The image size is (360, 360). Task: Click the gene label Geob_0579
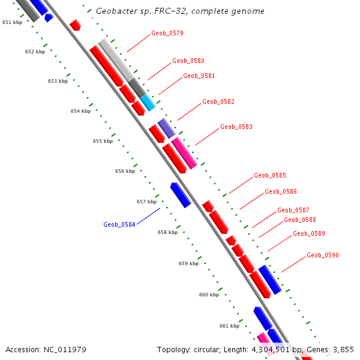point(167,34)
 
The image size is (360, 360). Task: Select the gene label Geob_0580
point(188,61)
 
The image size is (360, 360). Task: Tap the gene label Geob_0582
point(218,102)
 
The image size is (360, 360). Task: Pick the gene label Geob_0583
point(236,127)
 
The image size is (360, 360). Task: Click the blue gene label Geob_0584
point(119,225)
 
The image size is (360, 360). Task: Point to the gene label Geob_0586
point(281,192)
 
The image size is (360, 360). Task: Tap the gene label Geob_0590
point(322,256)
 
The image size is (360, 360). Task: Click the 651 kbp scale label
point(12,22)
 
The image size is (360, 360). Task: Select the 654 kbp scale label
point(80,111)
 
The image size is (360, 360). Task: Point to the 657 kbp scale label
point(146,202)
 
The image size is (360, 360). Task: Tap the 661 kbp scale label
point(229,326)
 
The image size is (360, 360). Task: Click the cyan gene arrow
point(148,103)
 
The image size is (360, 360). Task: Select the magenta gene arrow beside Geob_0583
point(184,152)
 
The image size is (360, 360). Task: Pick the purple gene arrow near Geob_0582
point(166,128)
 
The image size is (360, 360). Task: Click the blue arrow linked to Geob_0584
point(180,195)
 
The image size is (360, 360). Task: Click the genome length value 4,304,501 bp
point(277,349)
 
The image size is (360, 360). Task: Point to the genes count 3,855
point(343,349)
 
